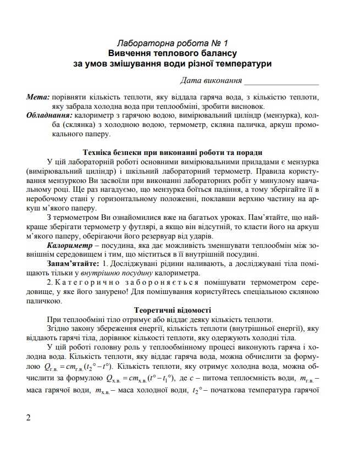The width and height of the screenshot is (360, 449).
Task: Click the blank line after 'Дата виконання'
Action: coord(281,81)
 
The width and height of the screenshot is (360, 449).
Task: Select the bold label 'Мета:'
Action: coord(37,97)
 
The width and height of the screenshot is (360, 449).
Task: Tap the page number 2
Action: coord(28,417)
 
